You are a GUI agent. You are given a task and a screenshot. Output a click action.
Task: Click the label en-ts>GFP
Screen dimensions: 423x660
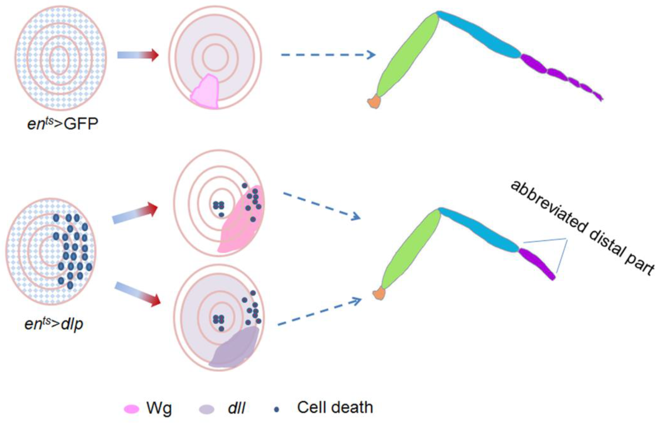[x=63, y=124]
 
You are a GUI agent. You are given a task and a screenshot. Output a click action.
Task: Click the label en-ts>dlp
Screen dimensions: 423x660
[x=54, y=324]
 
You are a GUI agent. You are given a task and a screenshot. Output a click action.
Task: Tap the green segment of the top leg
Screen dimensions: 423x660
[x=407, y=55]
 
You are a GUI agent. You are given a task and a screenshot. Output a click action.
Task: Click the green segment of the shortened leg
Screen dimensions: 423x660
[x=410, y=250]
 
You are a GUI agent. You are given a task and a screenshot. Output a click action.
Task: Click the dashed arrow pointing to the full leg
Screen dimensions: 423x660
[x=328, y=55]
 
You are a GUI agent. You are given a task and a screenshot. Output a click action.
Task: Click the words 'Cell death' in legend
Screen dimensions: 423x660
[x=335, y=408]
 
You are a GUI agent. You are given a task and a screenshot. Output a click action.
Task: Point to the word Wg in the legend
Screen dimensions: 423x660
[x=159, y=409]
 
